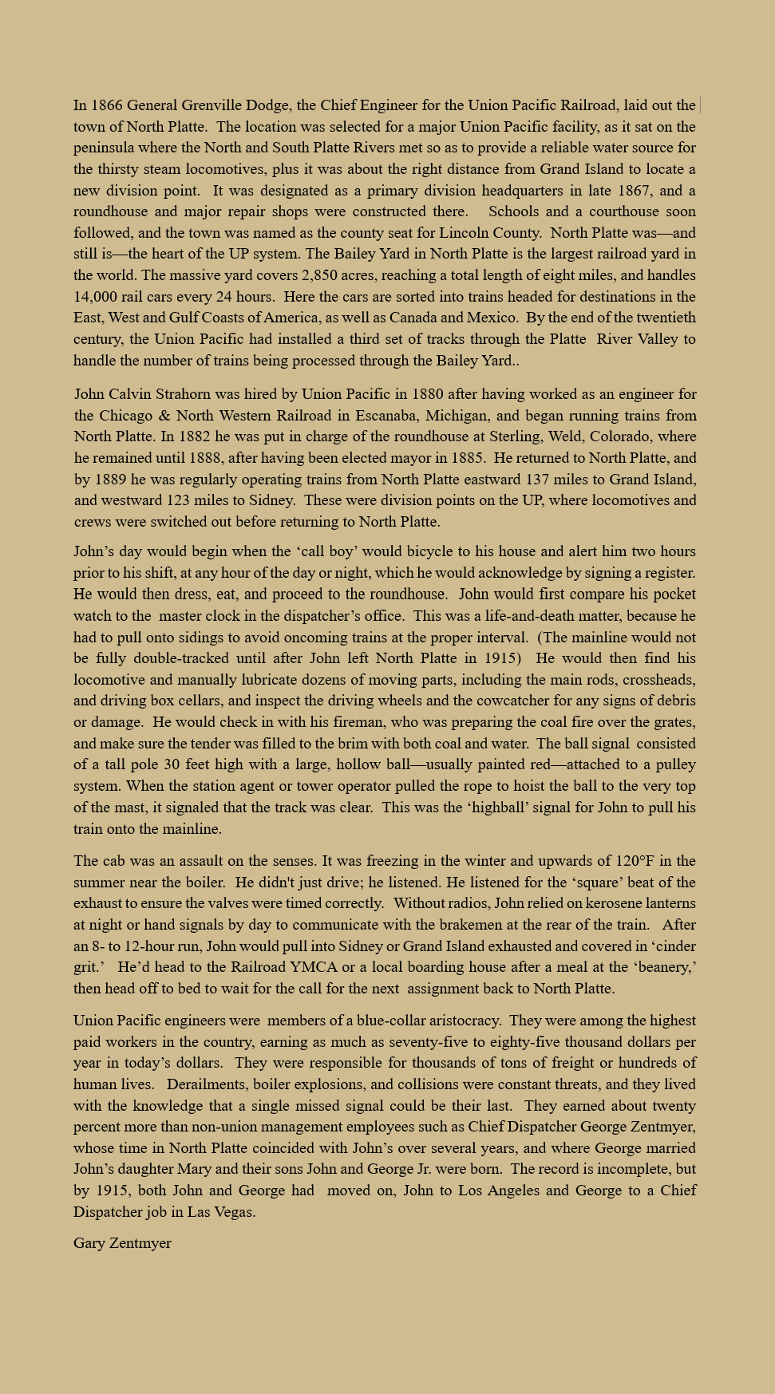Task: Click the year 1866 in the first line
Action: [x=107, y=105]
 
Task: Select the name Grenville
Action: [x=212, y=105]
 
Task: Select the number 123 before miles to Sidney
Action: [x=179, y=500]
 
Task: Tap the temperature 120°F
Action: [x=635, y=861]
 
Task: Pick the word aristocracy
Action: [x=459, y=1021]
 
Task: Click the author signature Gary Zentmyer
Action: [x=122, y=1243]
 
